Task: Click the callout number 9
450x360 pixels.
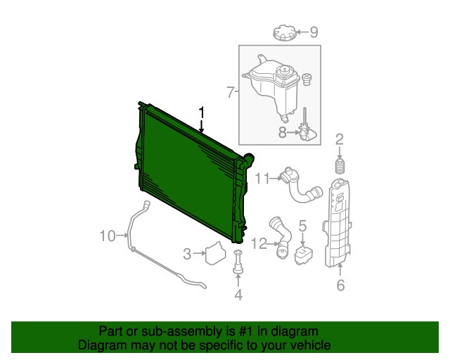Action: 314,32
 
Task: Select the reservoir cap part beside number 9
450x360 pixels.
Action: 284,32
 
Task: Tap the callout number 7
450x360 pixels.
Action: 231,92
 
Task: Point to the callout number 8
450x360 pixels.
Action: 283,132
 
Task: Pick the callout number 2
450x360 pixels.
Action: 340,139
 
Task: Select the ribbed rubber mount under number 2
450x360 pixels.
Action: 340,166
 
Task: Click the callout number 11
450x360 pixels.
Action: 262,179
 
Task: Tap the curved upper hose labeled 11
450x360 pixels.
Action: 302,185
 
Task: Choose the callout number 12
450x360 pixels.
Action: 259,244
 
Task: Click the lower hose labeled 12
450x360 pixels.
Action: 281,238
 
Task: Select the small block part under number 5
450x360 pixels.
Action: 303,255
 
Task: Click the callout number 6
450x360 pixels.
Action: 340,285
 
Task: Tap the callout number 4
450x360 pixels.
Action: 238,295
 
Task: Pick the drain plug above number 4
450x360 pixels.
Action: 238,262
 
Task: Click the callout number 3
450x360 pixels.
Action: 187,254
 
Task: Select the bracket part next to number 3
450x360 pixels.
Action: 216,253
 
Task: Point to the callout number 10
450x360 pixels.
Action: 108,236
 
